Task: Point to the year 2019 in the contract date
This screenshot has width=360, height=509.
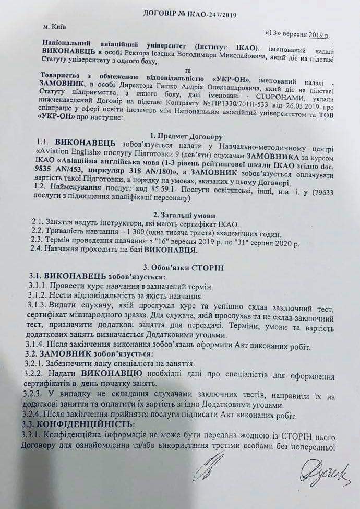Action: [x=316, y=34]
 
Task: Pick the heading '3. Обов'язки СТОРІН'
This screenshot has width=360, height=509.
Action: [x=178, y=267]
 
